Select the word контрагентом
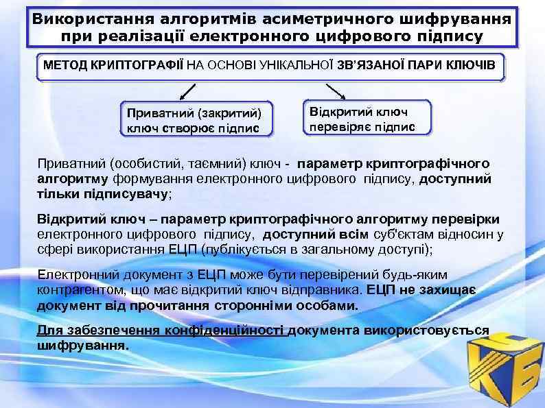tap(78, 290)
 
